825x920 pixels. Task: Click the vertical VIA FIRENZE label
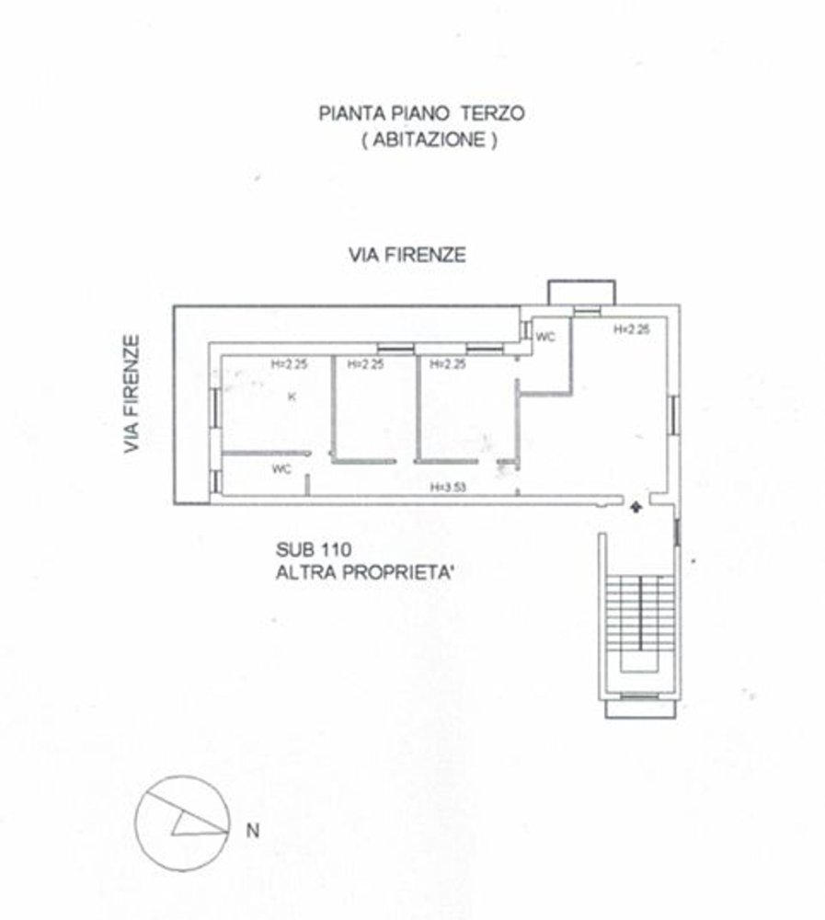(133, 394)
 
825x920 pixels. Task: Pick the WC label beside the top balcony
(546, 337)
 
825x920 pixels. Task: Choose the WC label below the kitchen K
(281, 469)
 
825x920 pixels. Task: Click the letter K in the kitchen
(292, 397)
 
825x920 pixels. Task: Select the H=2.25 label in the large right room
(633, 328)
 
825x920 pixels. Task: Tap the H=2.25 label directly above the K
(289, 364)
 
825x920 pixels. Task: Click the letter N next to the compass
(252, 831)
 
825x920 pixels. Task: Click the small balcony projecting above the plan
(581, 293)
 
